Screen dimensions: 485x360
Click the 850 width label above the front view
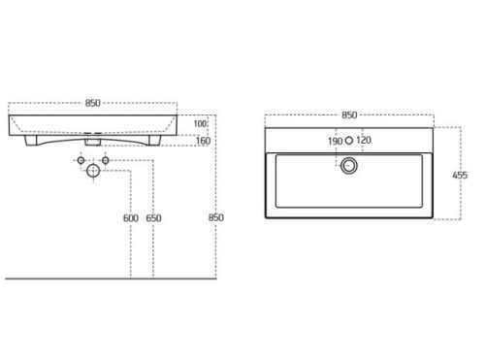[93, 103]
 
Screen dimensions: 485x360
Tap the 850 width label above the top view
[349, 115]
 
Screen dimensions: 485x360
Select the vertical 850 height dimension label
[216, 217]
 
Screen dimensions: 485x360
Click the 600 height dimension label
[131, 218]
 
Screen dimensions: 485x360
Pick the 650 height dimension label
[153, 218]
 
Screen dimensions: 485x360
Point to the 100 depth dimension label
[200, 123]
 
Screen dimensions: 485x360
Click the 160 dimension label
[203, 141]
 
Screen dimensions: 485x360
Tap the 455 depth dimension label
[460, 176]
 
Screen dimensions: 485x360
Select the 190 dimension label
[335, 142]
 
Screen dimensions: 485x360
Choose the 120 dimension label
[364, 141]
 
